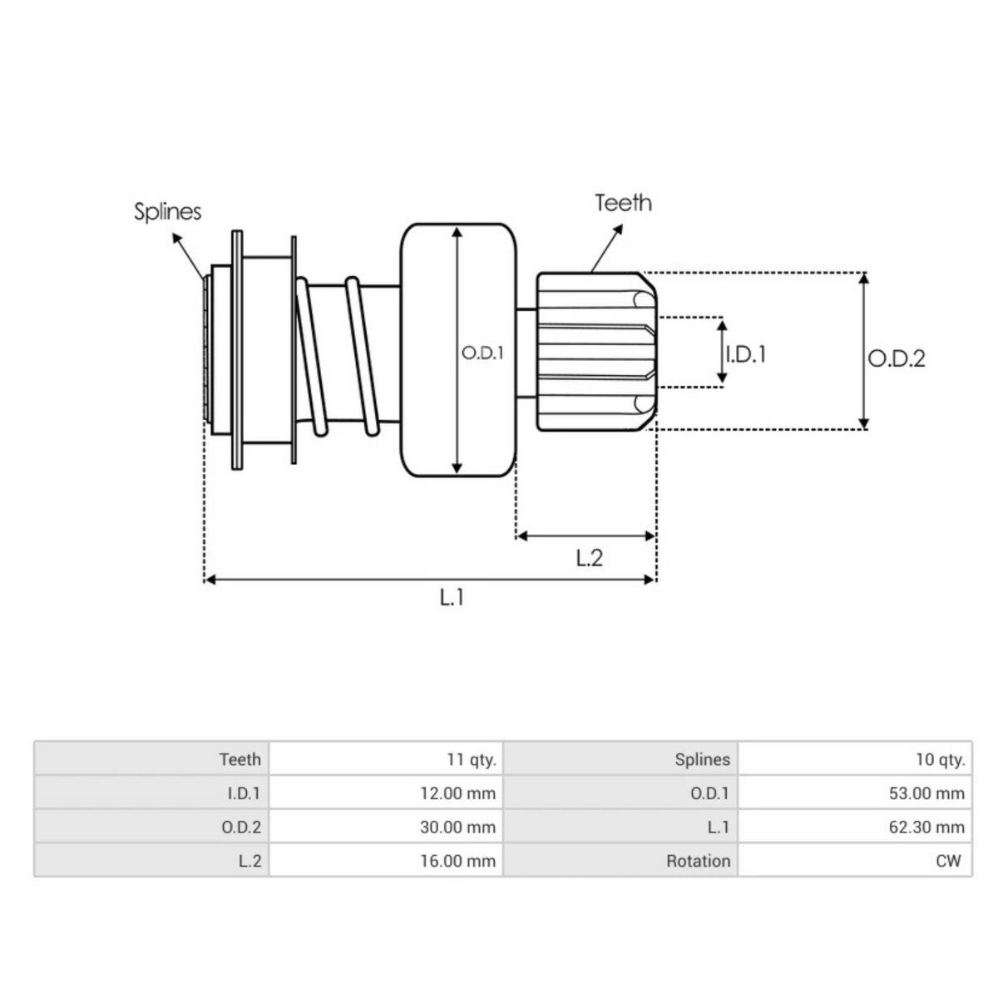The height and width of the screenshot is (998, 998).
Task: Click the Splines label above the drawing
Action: [x=167, y=211]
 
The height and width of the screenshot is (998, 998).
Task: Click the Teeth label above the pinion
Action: [x=623, y=203]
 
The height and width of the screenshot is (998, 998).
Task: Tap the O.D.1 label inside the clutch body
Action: [x=483, y=353]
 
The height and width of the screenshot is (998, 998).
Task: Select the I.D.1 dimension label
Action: [x=745, y=354]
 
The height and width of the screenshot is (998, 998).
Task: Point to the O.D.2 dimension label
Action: [x=897, y=358]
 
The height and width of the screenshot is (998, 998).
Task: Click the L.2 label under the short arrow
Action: [x=589, y=558]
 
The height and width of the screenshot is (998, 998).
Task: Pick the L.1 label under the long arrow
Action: [x=452, y=596]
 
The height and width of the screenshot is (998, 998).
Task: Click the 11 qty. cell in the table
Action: [x=471, y=759]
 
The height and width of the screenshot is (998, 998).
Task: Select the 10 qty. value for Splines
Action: [x=940, y=759]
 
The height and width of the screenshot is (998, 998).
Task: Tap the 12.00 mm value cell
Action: [x=457, y=793]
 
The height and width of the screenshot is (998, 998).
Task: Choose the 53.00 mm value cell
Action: [x=926, y=793]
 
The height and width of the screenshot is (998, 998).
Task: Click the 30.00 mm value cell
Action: [x=457, y=828]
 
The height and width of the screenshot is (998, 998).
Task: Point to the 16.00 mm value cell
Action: [x=457, y=862]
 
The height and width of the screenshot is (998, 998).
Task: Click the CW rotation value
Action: [x=948, y=862]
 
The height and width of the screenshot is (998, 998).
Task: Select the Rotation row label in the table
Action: [x=698, y=862]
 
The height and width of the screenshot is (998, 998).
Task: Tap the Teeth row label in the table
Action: [x=240, y=759]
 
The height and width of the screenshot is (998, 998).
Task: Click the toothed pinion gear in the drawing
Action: [x=595, y=351]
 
